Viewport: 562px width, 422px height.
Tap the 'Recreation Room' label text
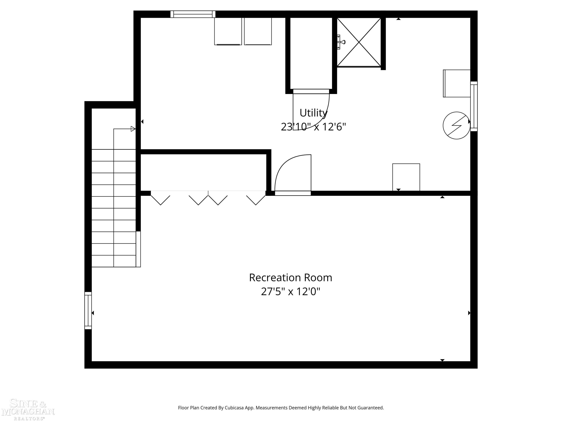(290, 278)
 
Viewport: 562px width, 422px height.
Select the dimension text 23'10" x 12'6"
(313, 127)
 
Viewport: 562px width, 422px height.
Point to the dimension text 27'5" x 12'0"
(290, 291)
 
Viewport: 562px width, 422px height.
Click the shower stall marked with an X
(359, 42)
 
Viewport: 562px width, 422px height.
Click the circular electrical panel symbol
(457, 125)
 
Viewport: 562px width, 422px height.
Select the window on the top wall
(193, 14)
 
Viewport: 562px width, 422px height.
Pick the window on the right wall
(474, 106)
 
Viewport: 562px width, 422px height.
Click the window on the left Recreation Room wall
(88, 310)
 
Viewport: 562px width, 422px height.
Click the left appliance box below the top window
(228, 31)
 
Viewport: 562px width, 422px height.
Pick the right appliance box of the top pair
(258, 31)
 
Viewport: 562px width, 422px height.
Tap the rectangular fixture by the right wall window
(457, 83)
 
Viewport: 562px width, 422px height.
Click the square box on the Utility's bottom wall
(406, 177)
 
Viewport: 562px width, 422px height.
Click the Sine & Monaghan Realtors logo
(28, 410)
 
